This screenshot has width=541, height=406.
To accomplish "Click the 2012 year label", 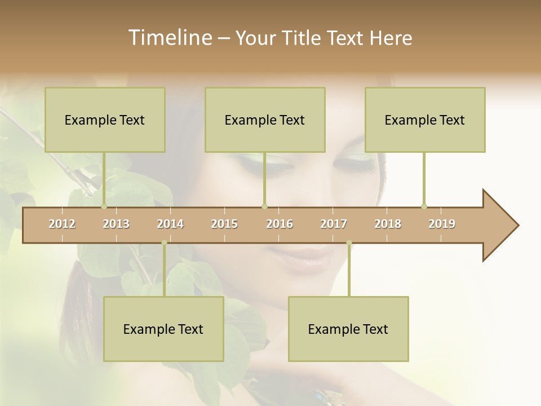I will pos(62,224).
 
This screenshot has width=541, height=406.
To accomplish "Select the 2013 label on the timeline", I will pos(116,224).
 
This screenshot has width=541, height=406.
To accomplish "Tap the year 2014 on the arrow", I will pos(170,224).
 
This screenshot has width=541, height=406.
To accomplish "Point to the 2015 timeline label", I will pos(224,224).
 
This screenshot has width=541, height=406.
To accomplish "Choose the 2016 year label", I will pos(280,224).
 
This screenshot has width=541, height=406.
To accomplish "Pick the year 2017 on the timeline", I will pos(334,224).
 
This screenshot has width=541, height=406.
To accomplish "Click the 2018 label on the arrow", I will pos(388,224).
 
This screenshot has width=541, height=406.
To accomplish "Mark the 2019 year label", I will pos(442,224).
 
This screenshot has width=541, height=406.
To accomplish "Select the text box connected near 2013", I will pos(105,120).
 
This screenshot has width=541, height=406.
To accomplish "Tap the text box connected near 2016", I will pos(265,120).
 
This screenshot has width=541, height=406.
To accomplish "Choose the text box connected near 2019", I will pos(425,120).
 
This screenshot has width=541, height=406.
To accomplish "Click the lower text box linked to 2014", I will pos(163,329).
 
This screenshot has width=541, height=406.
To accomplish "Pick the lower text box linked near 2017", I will pos(348,329).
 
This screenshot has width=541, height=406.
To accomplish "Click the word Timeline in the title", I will pos(169,38).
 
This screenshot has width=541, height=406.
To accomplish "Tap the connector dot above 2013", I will pos(104,206).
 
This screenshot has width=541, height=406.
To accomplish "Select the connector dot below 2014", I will pos(164,242).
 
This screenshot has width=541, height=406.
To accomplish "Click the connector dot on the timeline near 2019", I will pos(424,206).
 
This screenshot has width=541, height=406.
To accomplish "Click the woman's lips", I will pos(304,257).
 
